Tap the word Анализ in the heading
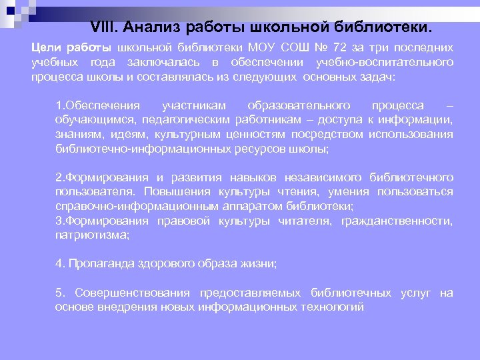155,29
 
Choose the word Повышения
155,192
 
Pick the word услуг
416,293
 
